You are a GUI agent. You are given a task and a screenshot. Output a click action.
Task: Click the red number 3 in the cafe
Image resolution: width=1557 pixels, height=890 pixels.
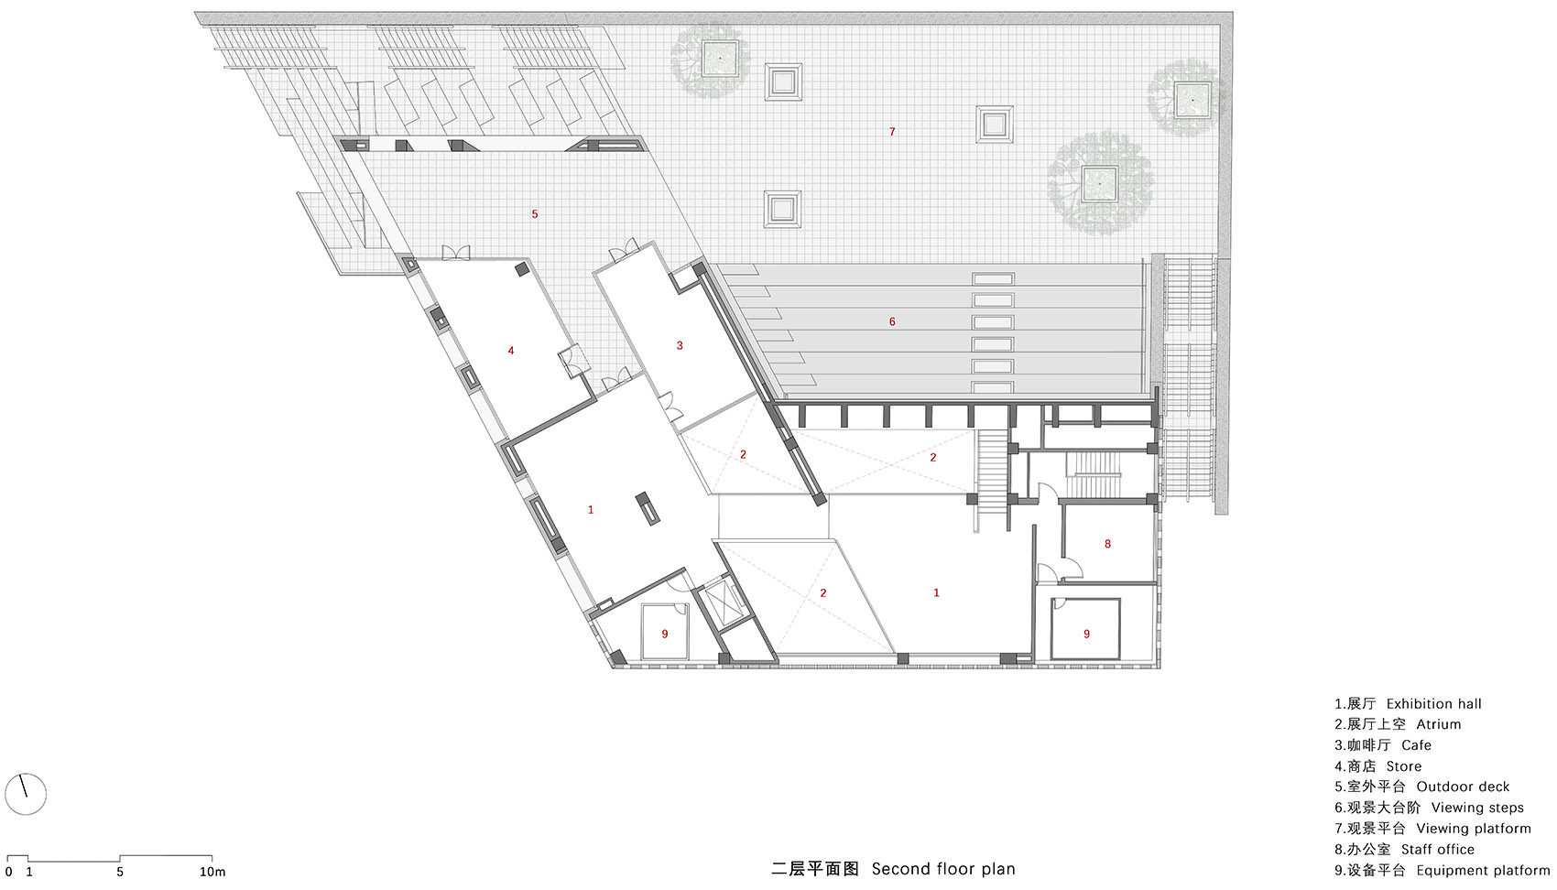coord(680,345)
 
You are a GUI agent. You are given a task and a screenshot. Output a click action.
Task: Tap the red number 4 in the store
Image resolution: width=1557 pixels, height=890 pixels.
coord(511,351)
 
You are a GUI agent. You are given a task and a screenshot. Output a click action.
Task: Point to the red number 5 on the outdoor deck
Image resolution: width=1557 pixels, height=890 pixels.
coord(535,214)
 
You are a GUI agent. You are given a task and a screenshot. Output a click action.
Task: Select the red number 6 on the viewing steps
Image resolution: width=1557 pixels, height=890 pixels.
coord(892,321)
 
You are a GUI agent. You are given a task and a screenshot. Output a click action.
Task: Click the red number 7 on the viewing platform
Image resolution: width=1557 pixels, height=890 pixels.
coord(892,131)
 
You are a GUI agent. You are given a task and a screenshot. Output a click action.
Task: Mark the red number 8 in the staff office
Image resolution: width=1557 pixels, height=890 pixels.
coord(1107,544)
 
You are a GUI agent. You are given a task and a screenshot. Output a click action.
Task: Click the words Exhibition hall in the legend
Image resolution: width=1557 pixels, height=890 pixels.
coord(1434,704)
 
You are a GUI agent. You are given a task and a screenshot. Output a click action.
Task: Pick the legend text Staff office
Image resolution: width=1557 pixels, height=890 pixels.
coord(1437,850)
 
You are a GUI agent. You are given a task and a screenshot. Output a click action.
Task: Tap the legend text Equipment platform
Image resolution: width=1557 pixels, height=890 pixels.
coord(1484,871)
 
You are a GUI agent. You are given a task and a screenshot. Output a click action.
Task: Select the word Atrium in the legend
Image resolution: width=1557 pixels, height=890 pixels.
coord(1439,724)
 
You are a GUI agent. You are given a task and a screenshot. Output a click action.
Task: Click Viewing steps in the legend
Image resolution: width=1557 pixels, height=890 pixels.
coord(1477,808)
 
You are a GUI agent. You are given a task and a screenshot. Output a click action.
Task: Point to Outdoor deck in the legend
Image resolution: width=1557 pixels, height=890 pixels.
coord(1464,787)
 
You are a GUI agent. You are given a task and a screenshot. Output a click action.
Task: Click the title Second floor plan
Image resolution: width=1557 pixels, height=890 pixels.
coord(943,869)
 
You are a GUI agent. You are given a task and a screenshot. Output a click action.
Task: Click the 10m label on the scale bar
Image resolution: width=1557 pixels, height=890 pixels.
coord(212,872)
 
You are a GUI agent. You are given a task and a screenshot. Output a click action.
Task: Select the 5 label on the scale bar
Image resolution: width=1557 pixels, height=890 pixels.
coord(120,872)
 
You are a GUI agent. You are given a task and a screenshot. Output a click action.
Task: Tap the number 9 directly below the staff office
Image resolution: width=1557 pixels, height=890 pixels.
coord(1086,634)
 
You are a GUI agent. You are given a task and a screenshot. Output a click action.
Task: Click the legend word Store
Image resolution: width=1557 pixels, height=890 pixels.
coord(1404,766)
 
